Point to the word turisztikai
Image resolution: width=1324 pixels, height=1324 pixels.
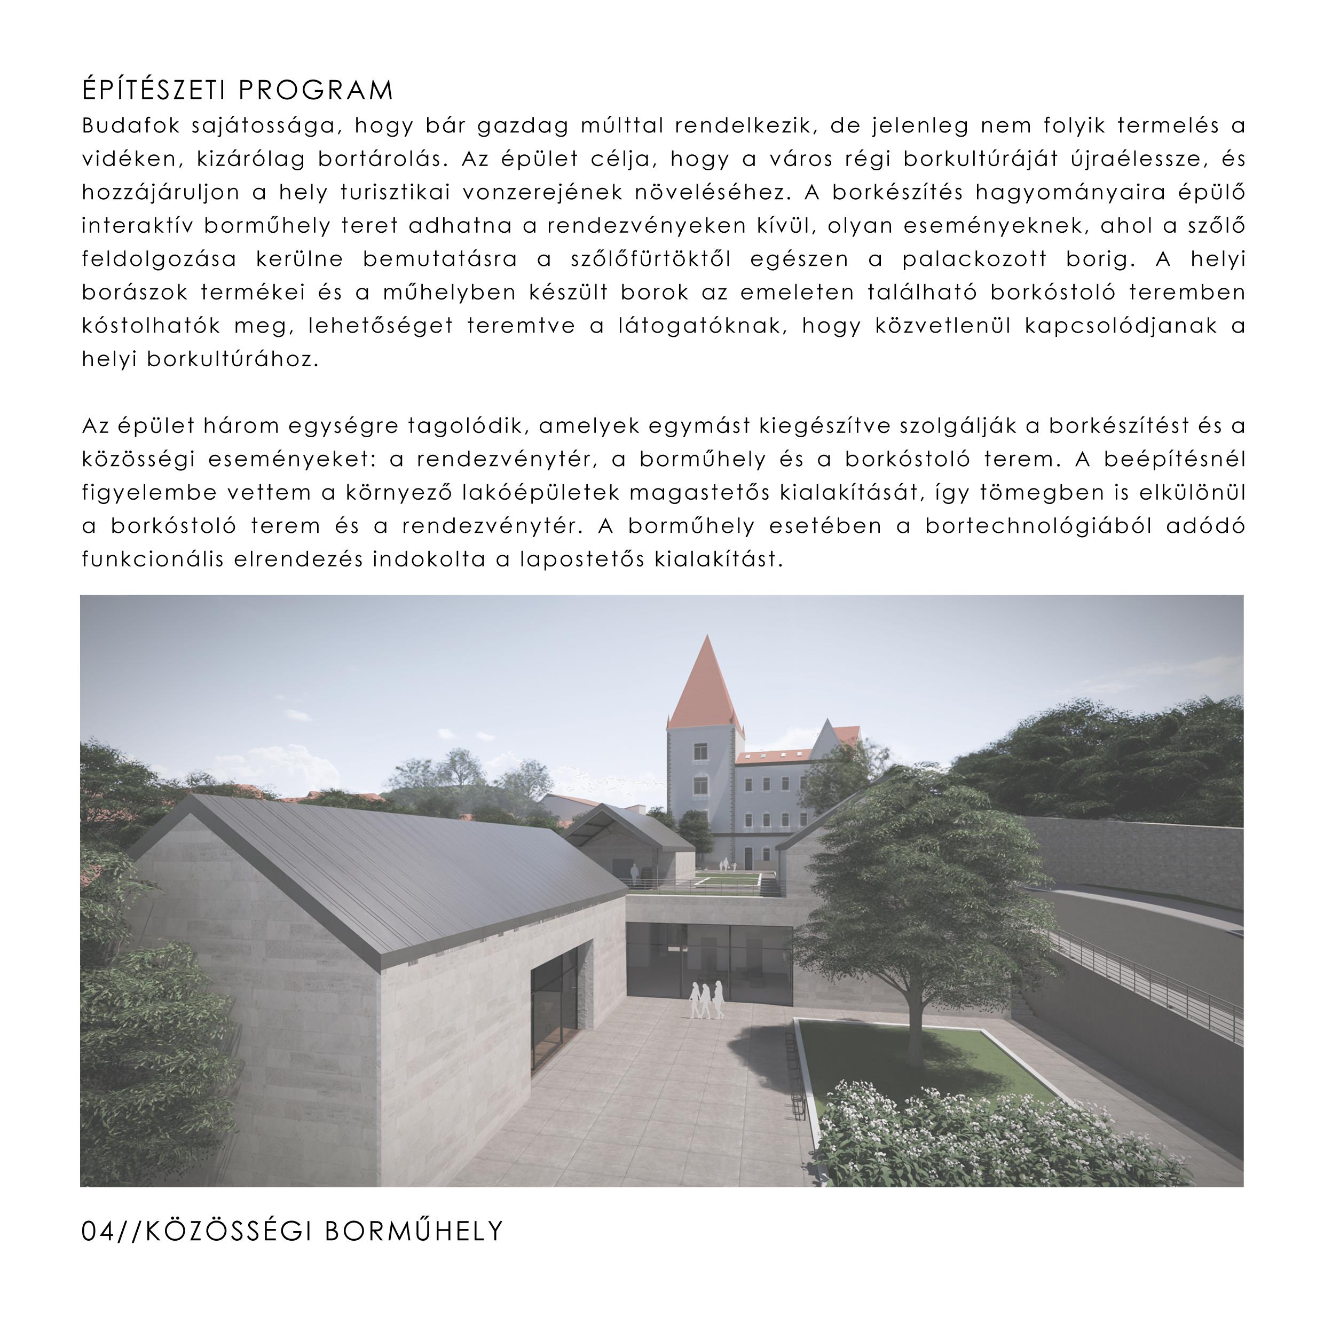point(396,193)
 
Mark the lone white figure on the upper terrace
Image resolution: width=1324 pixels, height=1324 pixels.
point(635,874)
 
